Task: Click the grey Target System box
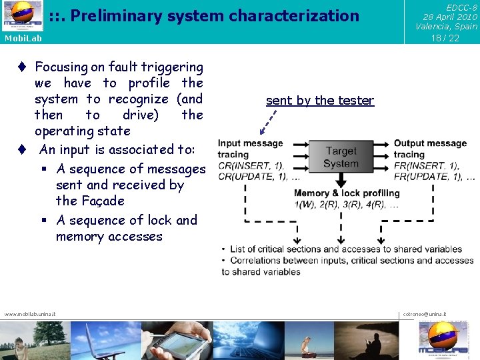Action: click(341, 157)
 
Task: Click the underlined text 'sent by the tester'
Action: click(320, 101)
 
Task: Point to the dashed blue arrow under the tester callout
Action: click(269, 122)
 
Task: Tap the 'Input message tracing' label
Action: click(250, 149)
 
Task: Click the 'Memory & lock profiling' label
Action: click(347, 193)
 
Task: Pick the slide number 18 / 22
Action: click(445, 38)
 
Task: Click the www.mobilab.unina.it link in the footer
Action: click(30, 314)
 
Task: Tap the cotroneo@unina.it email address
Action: click(425, 314)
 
